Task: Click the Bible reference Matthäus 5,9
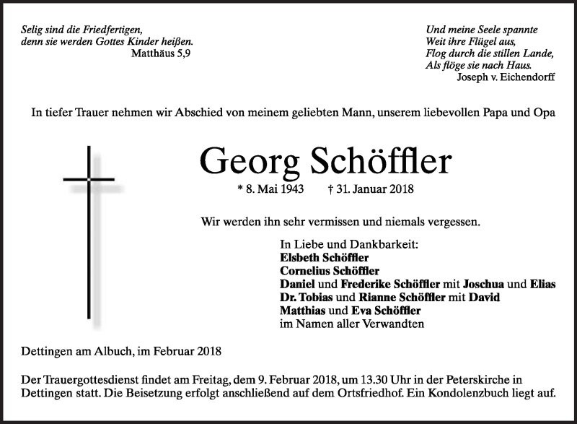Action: point(162,53)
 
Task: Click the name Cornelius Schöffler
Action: point(330,271)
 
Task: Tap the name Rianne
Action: point(374,298)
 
